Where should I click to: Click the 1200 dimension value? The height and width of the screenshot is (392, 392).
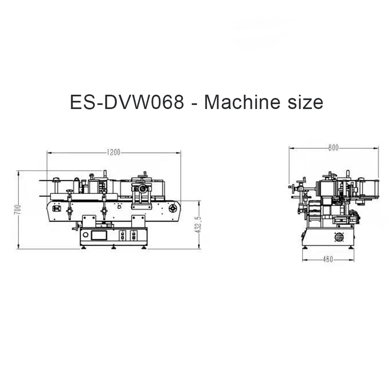point(114,152)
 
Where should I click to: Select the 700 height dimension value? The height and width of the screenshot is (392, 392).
point(17,209)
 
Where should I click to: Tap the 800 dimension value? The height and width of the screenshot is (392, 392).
point(333,148)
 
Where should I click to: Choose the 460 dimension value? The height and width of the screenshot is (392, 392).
point(328,259)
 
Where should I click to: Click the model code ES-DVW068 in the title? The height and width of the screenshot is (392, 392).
point(127,102)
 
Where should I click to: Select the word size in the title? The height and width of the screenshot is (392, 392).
point(305,102)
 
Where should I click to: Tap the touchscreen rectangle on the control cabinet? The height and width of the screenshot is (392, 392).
point(99,235)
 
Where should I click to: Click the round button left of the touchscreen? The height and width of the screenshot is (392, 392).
point(85,235)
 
